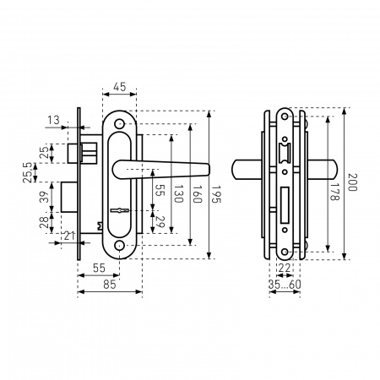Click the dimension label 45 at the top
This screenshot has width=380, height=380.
pos(119,87)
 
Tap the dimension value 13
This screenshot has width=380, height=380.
pos(53,120)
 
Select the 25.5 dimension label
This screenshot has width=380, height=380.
pos(28,172)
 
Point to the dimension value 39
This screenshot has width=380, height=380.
pos(45,197)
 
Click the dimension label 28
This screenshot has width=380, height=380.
pos(45,222)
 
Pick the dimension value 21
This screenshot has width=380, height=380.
pos(69,236)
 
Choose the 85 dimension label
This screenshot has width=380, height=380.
pos(110,285)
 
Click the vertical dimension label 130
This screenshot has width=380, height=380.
pos(178,193)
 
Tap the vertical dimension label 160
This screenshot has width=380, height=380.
pos(197,193)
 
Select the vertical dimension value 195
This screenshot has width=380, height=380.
pos(216,193)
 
